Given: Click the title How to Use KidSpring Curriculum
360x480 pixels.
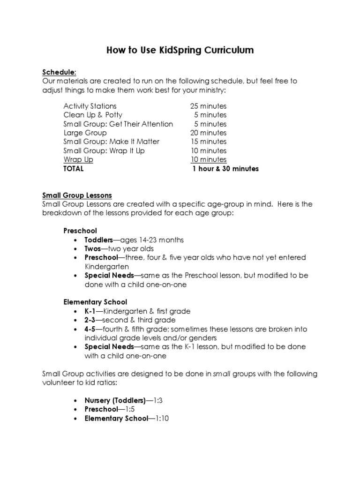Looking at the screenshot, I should coord(180,50).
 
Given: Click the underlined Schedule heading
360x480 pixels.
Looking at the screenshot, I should coord(59,72).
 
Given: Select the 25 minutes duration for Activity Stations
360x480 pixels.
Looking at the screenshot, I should coord(208,106).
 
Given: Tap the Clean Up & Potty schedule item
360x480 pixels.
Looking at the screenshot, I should coord(93,115).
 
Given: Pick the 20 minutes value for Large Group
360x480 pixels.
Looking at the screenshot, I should coord(208,133).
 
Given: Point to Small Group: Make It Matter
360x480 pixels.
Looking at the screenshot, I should coord(112,142).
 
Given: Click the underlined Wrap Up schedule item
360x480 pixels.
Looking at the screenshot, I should coord(78,159).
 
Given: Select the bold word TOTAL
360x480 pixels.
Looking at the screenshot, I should coord(74,168).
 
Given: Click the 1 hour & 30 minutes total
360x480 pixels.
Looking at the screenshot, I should coord(225,168).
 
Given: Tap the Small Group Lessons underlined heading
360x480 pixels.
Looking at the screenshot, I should coord(77,195).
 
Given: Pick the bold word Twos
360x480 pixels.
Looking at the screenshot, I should coord(92,248).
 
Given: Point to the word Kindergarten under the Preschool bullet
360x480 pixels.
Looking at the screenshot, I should coord(106,266).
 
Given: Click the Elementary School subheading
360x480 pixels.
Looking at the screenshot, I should coord(95,302).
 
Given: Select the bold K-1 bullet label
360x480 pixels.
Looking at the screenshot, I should coord(90,311).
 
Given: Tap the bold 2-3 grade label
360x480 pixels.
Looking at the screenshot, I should coord(90,320).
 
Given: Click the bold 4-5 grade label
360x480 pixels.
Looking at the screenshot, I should coord(90,329).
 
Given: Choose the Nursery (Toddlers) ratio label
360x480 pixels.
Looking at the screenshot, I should coord(115,401).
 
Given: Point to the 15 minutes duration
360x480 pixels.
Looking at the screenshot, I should coord(208,142).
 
